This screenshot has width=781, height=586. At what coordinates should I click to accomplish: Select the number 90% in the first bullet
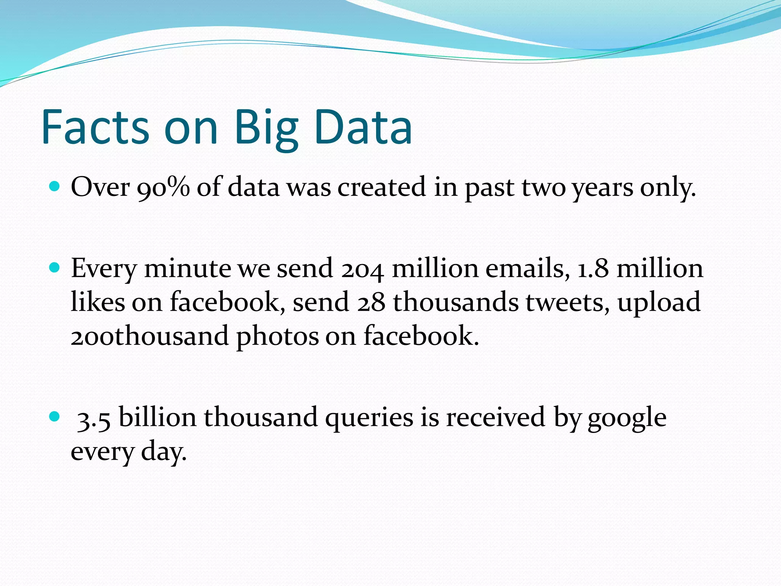point(163,187)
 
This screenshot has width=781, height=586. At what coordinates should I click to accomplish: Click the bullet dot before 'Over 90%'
point(55,187)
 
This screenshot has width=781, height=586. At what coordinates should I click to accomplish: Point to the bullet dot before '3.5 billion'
point(55,416)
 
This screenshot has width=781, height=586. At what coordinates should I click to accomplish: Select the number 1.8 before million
point(593,268)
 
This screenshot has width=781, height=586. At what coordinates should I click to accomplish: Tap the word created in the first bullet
point(381,187)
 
